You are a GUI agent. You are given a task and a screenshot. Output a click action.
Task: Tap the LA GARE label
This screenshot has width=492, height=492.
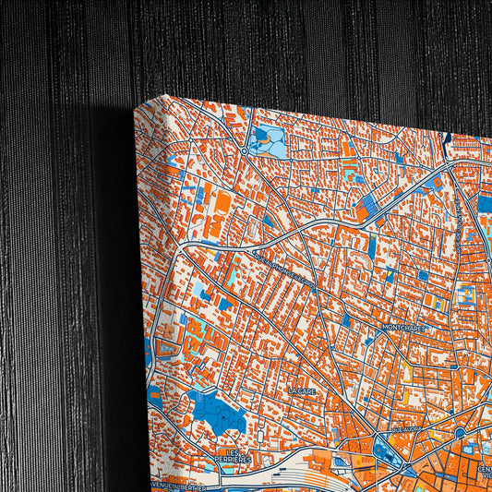click(x=302, y=391)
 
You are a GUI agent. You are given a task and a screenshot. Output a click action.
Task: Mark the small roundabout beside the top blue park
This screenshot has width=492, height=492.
click(x=244, y=150)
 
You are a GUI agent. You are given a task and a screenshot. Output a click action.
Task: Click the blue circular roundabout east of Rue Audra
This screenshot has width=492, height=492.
click(x=459, y=432)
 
